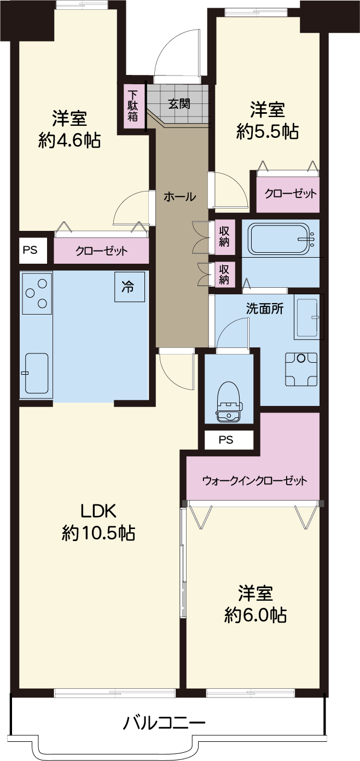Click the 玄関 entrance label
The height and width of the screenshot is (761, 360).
tap(179, 103)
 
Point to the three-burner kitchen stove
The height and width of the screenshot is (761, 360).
tap(37, 293)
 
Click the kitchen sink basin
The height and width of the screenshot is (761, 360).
tap(37, 373)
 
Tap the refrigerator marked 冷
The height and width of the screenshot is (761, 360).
tap(130, 287)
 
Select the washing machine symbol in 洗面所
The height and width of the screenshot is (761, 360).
tap(301, 369)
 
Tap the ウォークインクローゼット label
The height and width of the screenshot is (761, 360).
tap(254, 480)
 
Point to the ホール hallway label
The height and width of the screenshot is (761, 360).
tap(179, 196)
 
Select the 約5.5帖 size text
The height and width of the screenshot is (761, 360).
tap(268, 131)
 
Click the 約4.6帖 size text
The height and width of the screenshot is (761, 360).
tap(69, 140)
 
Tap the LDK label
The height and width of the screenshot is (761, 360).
tap(98, 510)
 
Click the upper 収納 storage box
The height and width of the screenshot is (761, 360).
tap(224, 237)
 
